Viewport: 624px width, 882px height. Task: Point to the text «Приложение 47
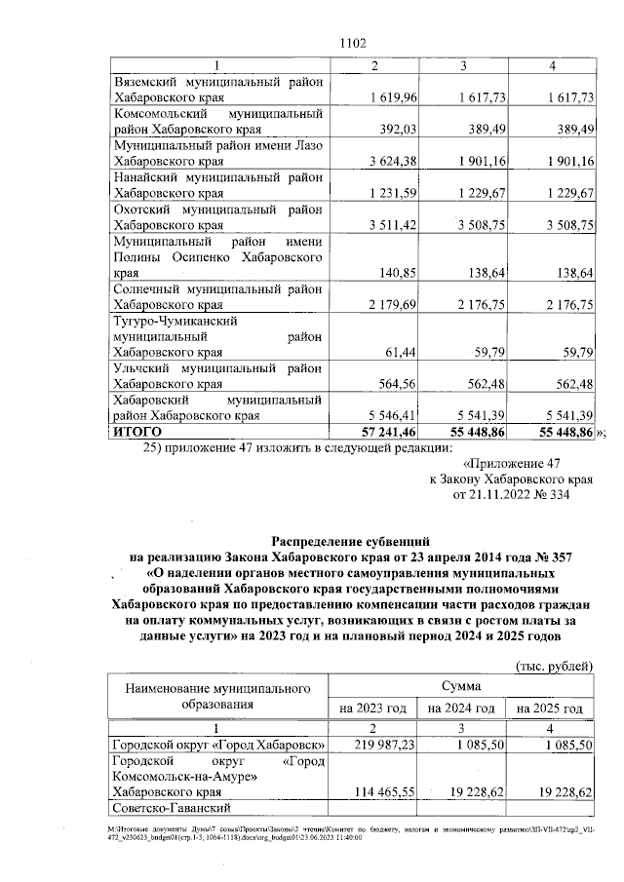point(514,464)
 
